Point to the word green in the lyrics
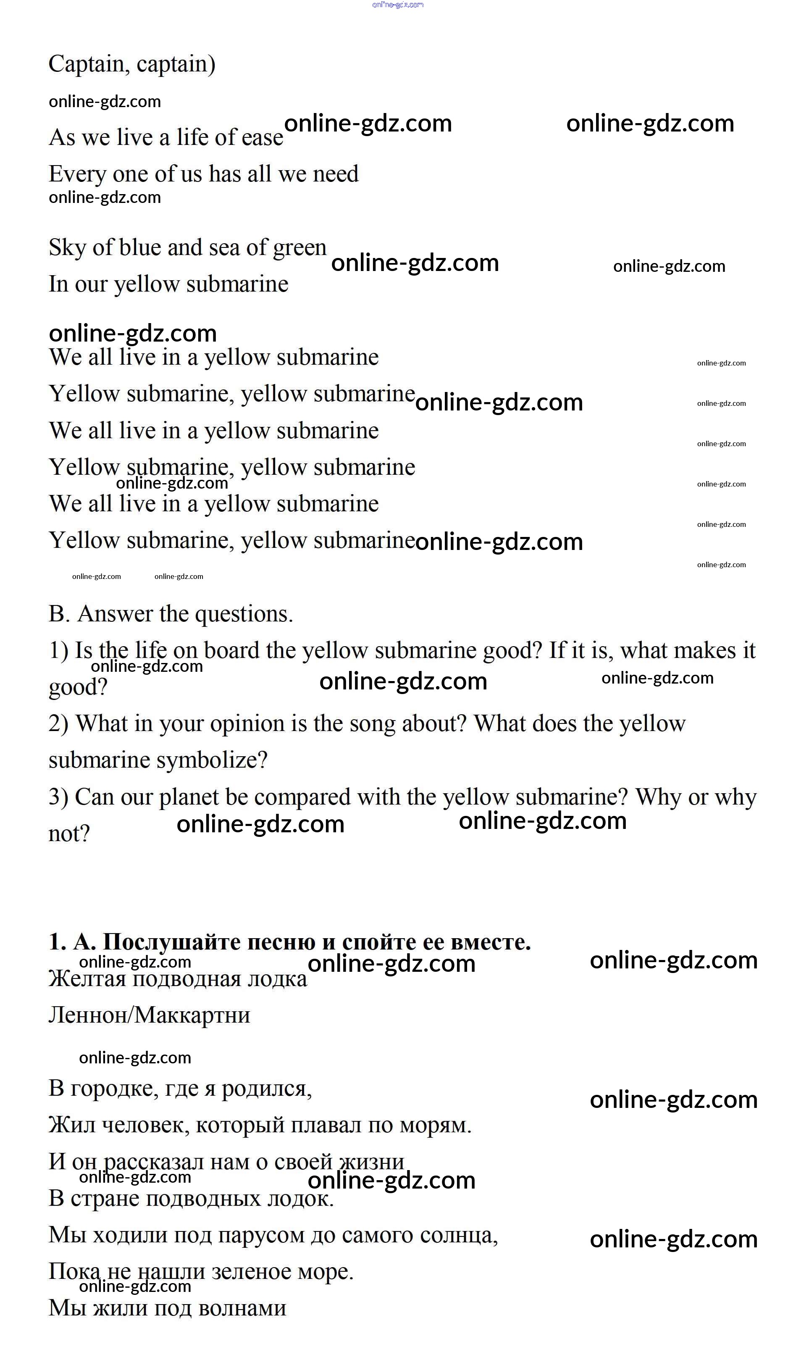coord(299,248)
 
